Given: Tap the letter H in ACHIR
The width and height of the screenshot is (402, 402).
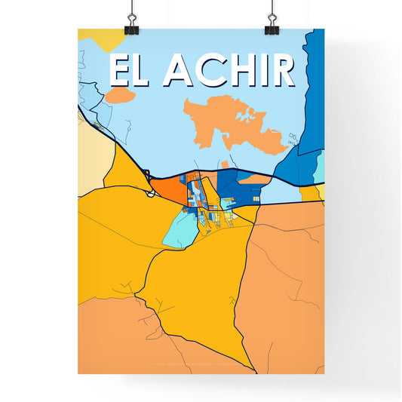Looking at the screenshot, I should coord(241,71).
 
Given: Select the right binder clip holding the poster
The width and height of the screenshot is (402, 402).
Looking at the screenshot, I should coord(272,23).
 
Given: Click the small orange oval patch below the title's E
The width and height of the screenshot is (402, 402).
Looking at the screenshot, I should coord(119,96).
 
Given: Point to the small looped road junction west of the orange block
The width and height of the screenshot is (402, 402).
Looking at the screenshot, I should coord(151,193).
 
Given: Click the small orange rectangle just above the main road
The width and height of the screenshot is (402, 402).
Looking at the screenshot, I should coord(223,165).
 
